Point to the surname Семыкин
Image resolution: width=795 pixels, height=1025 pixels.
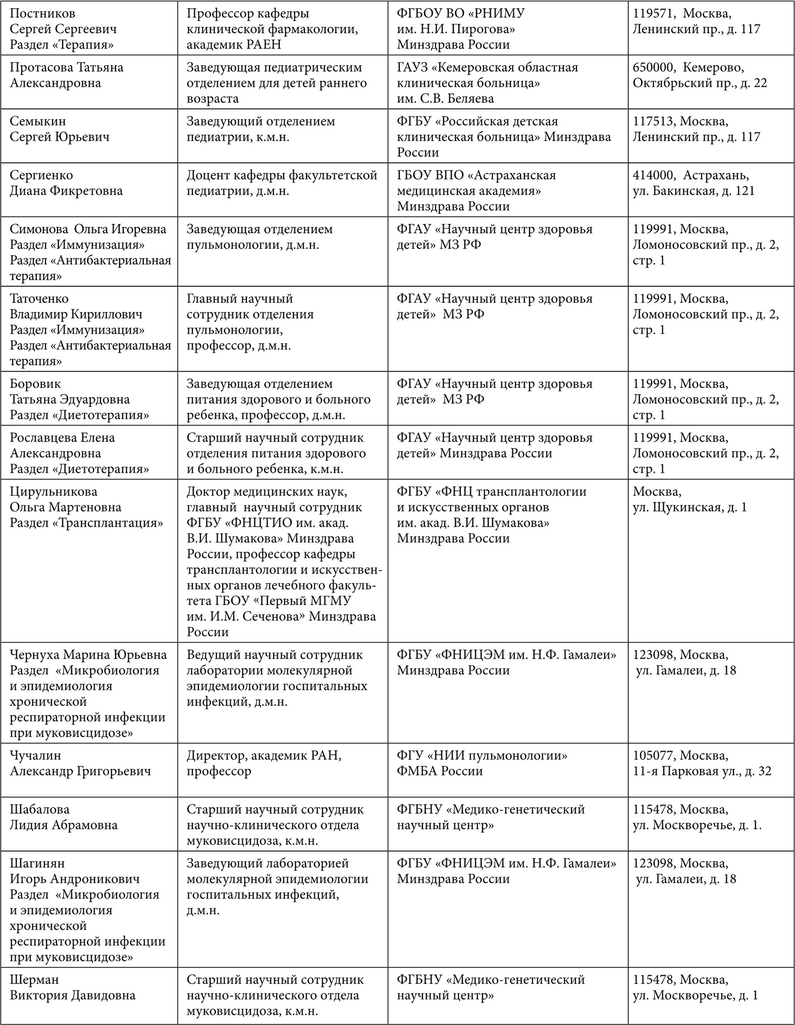click(38, 122)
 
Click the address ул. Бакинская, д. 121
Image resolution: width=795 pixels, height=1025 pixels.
click(694, 191)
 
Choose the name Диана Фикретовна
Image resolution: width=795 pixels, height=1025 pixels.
click(66, 191)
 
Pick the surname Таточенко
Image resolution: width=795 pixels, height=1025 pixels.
click(39, 299)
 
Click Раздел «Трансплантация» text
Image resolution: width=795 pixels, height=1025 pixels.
click(86, 523)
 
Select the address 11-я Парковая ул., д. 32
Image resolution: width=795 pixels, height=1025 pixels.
click(702, 771)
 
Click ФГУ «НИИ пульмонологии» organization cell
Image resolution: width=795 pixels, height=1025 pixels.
click(482, 756)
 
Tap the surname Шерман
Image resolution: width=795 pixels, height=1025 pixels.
click(34, 980)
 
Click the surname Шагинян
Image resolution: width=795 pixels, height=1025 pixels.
click(37, 864)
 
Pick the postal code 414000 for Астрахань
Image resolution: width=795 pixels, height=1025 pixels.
click(653, 176)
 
